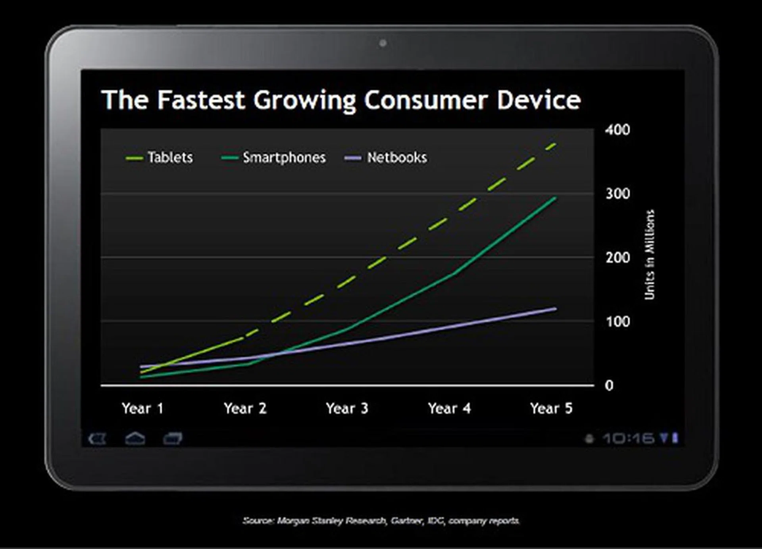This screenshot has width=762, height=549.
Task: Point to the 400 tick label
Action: [x=618, y=130]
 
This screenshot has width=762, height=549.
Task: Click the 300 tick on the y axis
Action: [x=618, y=194]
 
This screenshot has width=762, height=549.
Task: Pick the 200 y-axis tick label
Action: [x=618, y=258]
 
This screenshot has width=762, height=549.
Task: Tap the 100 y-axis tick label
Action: [x=618, y=321]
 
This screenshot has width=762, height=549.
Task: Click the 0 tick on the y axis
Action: [x=609, y=385]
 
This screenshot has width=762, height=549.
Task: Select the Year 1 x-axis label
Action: [x=142, y=408]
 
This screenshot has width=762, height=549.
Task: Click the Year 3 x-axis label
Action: [x=347, y=408]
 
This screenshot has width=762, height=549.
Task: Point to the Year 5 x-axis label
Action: [x=551, y=408]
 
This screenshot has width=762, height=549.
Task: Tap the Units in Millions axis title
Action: [x=649, y=255]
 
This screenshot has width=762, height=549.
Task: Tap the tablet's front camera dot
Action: [x=383, y=43]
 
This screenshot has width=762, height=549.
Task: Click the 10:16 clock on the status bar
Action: [x=628, y=439]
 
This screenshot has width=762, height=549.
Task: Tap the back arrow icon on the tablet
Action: [x=97, y=439]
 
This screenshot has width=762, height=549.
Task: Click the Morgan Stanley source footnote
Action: [x=381, y=520]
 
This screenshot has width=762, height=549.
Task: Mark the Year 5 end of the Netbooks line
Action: [x=554, y=309]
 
